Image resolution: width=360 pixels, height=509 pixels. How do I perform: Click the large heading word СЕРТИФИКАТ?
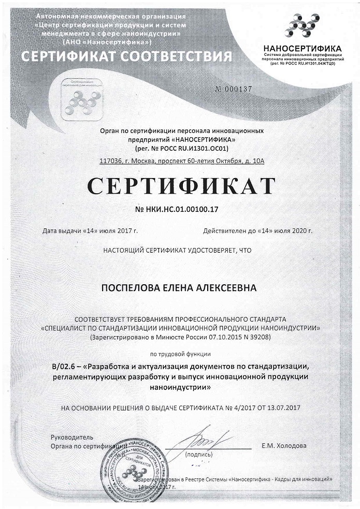point(180,186)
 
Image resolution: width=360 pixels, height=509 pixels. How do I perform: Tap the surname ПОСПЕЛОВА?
point(133,287)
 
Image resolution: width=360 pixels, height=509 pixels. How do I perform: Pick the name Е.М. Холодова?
point(285,446)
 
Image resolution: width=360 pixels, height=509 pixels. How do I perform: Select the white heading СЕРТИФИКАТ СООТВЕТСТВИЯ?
point(126,56)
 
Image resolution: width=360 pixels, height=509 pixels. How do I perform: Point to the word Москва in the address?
point(143,161)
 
